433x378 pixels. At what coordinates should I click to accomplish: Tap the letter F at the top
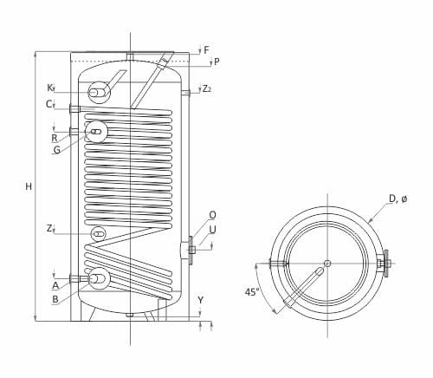point(204,49)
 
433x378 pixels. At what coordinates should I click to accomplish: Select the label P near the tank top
point(216,62)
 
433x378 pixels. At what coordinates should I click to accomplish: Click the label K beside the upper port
point(50,88)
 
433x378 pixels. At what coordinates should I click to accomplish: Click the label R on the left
point(54,138)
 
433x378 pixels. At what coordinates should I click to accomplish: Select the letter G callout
point(56,149)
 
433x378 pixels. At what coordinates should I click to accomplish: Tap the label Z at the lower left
point(50,229)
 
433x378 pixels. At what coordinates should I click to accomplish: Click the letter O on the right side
point(212,215)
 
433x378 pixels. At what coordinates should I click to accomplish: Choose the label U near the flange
point(212,230)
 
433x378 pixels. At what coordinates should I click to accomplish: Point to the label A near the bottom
point(55,284)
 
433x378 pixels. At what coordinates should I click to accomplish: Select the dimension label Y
point(200,300)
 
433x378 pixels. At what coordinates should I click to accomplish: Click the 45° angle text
point(251,293)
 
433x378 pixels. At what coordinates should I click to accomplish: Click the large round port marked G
point(96,131)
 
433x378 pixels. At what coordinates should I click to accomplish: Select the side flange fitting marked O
point(188,251)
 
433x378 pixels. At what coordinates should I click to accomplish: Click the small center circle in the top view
point(327,264)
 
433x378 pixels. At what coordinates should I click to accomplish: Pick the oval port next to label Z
point(98,233)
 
